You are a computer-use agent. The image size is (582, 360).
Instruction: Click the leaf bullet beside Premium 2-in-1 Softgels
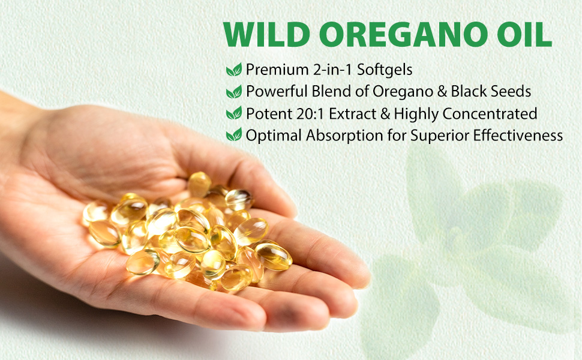[234, 70]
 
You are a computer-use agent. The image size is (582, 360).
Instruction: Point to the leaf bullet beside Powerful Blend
[234, 91]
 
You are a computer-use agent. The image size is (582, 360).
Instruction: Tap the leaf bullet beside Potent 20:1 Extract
[234, 113]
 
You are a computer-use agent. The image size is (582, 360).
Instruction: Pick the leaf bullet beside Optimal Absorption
[234, 135]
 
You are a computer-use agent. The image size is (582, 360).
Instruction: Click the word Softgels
[385, 70]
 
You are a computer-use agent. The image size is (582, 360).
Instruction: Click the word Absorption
[344, 136]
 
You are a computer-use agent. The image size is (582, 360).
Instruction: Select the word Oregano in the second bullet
[403, 92]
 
